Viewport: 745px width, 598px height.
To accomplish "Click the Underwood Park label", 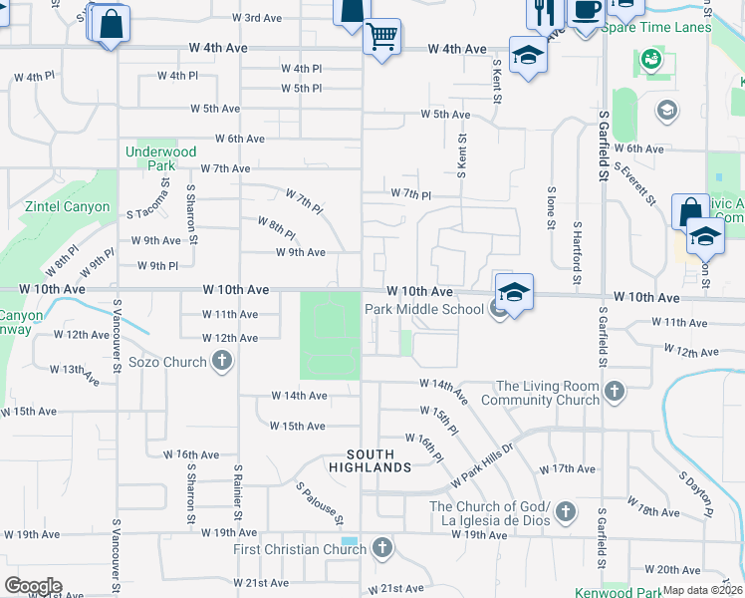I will pyautogui.click(x=149, y=158).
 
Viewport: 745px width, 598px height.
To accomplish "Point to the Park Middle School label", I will pyautogui.click(x=423, y=309).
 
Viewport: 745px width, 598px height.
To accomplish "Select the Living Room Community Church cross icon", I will pyautogui.click(x=615, y=392).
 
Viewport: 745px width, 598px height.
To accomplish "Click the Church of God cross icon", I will pyautogui.click(x=566, y=513).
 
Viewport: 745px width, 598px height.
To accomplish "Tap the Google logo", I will pyautogui.click(x=33, y=585).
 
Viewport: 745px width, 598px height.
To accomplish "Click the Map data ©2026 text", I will pyautogui.click(x=702, y=590).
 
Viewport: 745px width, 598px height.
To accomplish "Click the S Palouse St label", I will pyautogui.click(x=320, y=504).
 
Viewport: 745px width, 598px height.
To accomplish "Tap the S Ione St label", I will pyautogui.click(x=550, y=207).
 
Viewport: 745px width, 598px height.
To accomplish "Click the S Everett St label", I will pyautogui.click(x=634, y=185).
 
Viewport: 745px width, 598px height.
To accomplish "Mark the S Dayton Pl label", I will pyautogui.click(x=698, y=492).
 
